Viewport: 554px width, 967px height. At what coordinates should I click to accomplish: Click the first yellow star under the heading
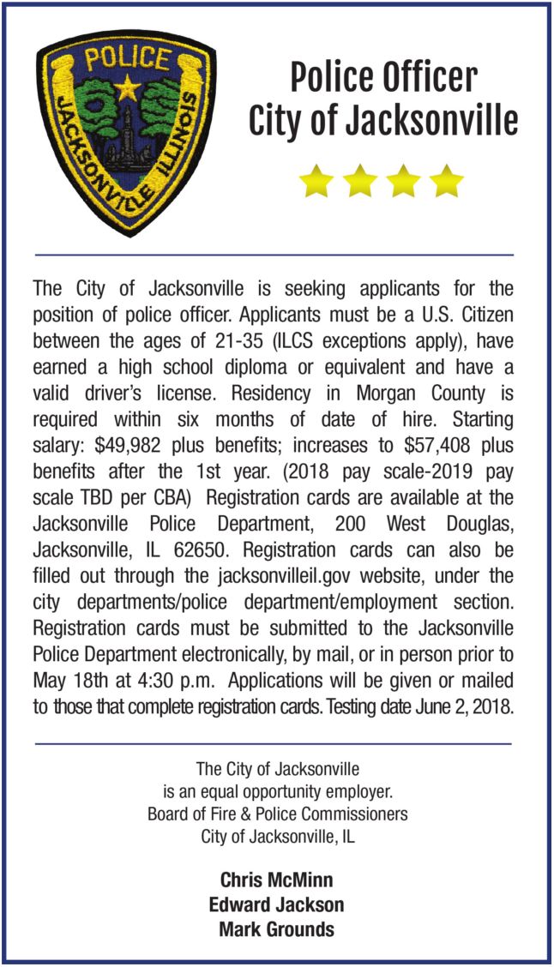(x=316, y=181)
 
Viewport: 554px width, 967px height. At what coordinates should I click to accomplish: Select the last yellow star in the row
(x=446, y=181)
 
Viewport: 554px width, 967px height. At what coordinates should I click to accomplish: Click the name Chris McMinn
(x=276, y=880)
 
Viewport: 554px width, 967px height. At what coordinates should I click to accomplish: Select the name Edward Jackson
(x=276, y=904)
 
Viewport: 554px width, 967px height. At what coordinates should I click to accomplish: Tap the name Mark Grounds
(x=276, y=929)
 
